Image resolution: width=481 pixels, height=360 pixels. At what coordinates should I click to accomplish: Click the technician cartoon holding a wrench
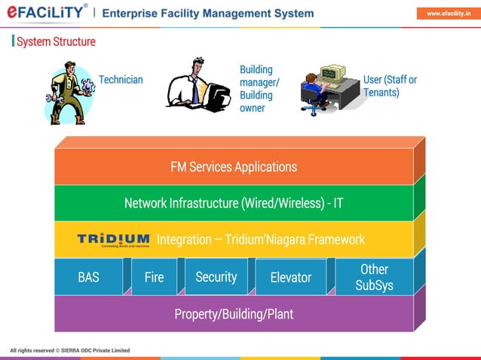tap(69, 93)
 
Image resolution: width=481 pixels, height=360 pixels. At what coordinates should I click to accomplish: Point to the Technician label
tap(121, 80)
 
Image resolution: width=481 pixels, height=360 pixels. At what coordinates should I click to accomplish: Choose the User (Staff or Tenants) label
tap(390, 86)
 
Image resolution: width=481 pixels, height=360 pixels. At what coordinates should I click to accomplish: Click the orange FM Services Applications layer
tap(234, 167)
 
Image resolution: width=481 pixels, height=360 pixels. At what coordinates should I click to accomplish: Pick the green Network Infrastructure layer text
tap(234, 203)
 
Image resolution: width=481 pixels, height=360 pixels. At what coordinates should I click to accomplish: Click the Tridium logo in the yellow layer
tap(113, 240)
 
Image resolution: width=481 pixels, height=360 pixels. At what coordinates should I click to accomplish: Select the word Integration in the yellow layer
tap(184, 240)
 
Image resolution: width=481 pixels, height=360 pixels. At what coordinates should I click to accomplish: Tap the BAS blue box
tap(89, 277)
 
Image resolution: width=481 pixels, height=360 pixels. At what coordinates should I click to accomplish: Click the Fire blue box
tap(154, 277)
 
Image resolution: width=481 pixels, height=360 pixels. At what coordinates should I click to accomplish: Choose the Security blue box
tap(216, 277)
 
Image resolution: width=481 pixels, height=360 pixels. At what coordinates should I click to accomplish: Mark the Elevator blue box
tap(290, 277)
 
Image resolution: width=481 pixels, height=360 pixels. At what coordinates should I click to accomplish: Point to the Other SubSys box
tap(374, 277)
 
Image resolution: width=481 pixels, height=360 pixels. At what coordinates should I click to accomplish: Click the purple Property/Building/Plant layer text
tap(234, 313)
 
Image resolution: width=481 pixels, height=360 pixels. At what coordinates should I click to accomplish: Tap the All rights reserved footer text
tap(69, 350)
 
